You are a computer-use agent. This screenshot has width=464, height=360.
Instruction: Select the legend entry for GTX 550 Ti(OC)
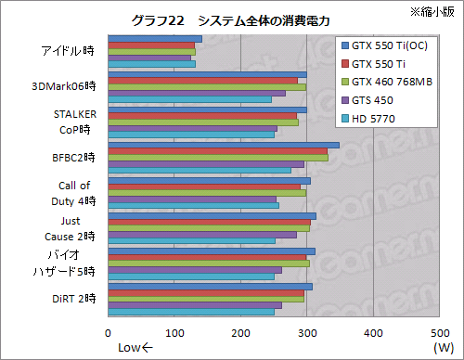(389, 45)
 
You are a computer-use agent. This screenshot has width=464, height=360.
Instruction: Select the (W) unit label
(440, 347)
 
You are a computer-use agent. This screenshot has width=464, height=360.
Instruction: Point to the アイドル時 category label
(66, 51)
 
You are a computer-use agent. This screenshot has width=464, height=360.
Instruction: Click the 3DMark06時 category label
(64, 86)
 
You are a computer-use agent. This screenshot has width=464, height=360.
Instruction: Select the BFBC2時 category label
(71, 158)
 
